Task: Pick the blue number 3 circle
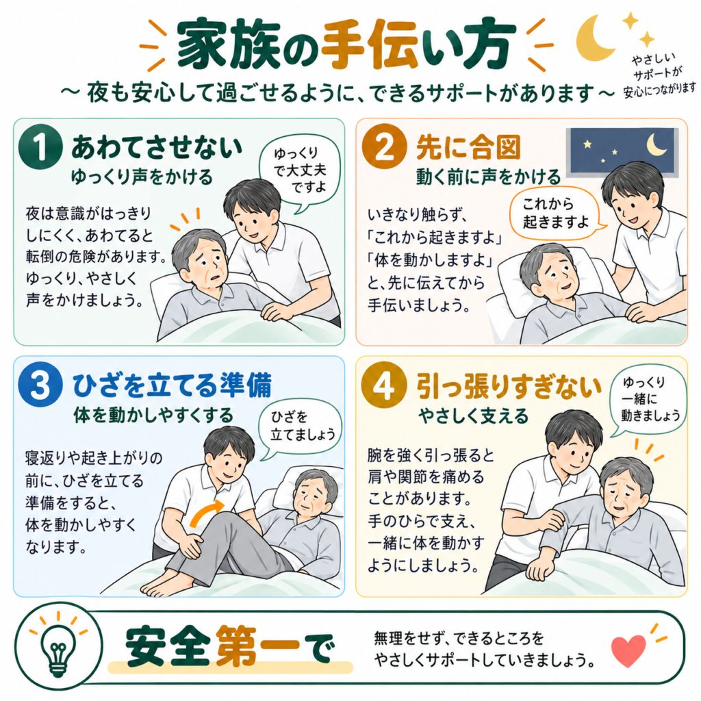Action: coord(40,385)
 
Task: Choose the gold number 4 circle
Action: coord(384,385)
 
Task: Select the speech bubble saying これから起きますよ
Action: coord(557,214)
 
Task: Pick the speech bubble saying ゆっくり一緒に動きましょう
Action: coord(648,400)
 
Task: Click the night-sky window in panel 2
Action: coord(622,152)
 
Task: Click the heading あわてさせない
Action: coord(157,148)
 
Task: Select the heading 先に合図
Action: coord(468,148)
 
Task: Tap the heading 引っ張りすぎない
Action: coord(509,386)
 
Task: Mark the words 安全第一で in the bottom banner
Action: coord(228,648)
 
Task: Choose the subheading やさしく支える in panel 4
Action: coord(474,416)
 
